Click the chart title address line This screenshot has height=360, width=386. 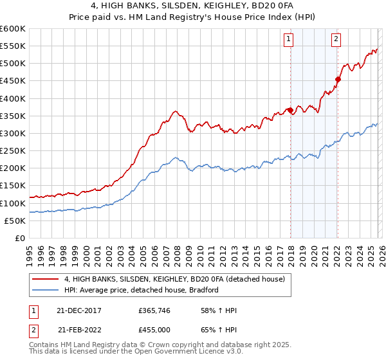(193, 6)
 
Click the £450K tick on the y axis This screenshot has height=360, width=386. (13, 98)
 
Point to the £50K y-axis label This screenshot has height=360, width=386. (15, 221)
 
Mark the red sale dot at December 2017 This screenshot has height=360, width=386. (290, 110)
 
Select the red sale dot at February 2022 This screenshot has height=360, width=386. (338, 79)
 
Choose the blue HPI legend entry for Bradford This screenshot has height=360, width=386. (142, 290)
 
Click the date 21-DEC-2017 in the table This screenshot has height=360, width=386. (79, 310)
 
